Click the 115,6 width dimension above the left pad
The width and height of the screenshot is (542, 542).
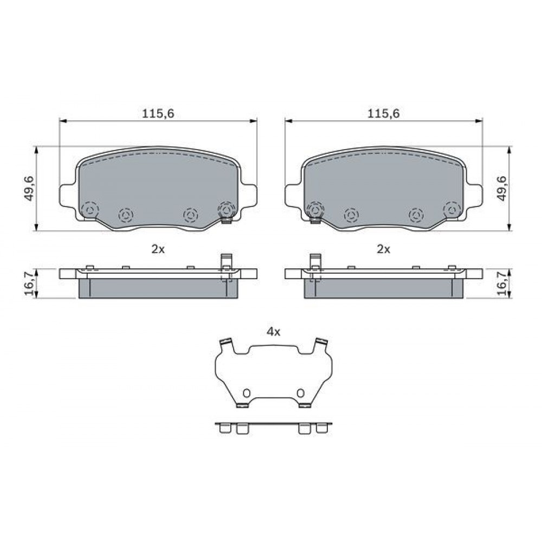pos(158,113)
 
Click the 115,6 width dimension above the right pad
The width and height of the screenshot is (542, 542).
pos(383,113)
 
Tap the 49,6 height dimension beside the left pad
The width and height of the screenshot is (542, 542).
pos(29,189)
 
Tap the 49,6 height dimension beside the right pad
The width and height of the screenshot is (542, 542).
pos(501,189)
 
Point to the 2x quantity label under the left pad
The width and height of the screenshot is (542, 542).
pos(158,249)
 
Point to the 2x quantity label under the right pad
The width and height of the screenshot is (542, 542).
pos(383,249)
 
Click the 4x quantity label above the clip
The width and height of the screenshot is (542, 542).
pos(273,332)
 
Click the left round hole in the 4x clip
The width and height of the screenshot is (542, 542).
pos(247,393)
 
